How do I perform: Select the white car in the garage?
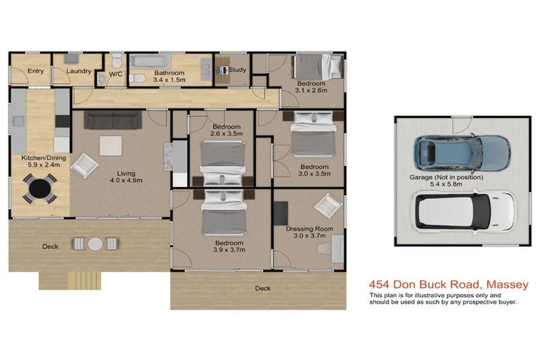pyautogui.click(x=463, y=212)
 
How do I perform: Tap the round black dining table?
pyautogui.click(x=40, y=188)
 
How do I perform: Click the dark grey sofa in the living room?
pyautogui.click(x=113, y=120)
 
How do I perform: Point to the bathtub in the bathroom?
pyautogui.click(x=150, y=61)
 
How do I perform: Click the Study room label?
pyautogui.click(x=237, y=70)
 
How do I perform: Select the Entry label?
pyautogui.click(x=35, y=71)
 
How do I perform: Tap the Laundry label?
pyautogui.click(x=79, y=71)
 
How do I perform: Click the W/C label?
pyautogui.click(x=116, y=74)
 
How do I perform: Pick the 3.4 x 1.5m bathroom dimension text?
pyautogui.click(x=169, y=79)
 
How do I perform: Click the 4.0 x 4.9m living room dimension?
pyautogui.click(x=126, y=180)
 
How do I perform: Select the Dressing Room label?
pyautogui.click(x=309, y=229)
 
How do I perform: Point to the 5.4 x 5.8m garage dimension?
pyautogui.click(x=446, y=184)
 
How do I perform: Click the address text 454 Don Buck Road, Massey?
pyautogui.click(x=449, y=285)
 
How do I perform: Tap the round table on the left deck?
pyautogui.click(x=96, y=244)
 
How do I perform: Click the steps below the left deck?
pyautogui.click(x=84, y=281)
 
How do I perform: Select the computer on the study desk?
pyautogui.click(x=224, y=70)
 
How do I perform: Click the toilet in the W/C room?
pyautogui.click(x=117, y=60)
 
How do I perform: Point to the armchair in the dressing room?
pyautogui.click(x=328, y=205)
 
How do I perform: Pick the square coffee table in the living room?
pyautogui.click(x=110, y=146)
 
